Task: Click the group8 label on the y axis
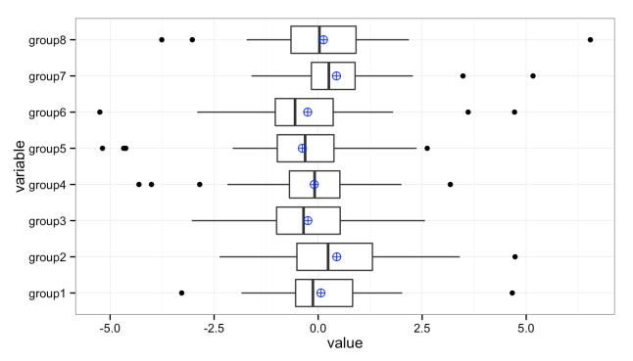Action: tap(46, 40)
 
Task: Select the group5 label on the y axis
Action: tap(46, 149)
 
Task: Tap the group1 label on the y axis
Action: tap(46, 293)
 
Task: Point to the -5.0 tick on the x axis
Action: tap(110, 329)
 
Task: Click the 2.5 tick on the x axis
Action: tap(421, 329)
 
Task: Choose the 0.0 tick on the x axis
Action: tap(317, 329)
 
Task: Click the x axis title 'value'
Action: tap(345, 344)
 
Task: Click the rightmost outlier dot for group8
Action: tap(590, 40)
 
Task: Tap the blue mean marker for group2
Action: tap(336, 256)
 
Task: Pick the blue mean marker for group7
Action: tap(336, 76)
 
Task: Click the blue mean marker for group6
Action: tap(307, 113)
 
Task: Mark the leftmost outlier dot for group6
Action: tap(100, 113)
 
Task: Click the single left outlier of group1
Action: tap(181, 293)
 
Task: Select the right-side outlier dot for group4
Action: tap(450, 184)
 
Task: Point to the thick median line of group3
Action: tap(303, 220)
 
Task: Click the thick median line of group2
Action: tap(327, 256)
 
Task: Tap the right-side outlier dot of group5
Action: tap(426, 149)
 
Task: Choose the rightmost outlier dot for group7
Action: tap(533, 76)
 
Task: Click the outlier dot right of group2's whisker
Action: tap(514, 256)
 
